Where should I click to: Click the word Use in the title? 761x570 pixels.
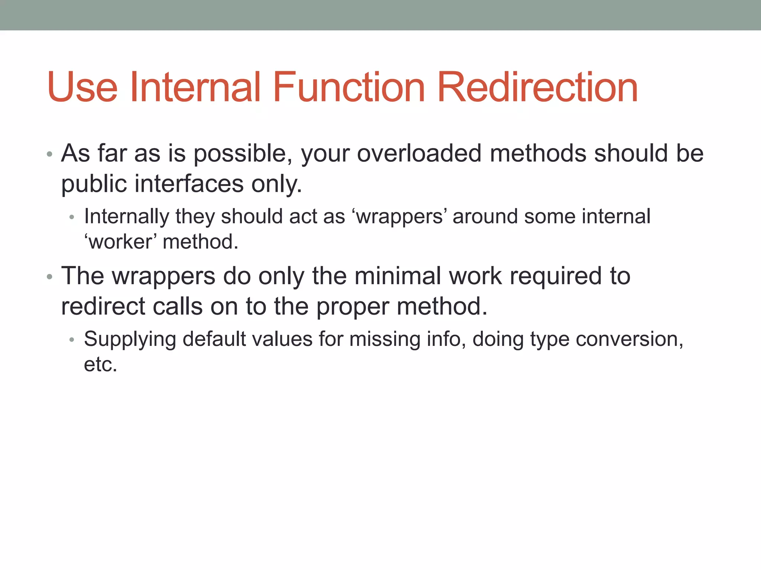click(82, 88)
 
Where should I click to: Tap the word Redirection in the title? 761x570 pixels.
click(537, 88)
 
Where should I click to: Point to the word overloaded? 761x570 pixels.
click(419, 153)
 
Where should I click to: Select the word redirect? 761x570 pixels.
click(103, 307)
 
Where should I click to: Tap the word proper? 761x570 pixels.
click(352, 307)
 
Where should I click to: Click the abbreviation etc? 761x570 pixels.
click(100, 364)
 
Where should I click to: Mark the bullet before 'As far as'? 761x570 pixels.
click(49, 154)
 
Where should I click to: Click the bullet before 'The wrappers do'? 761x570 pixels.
click(49, 277)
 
